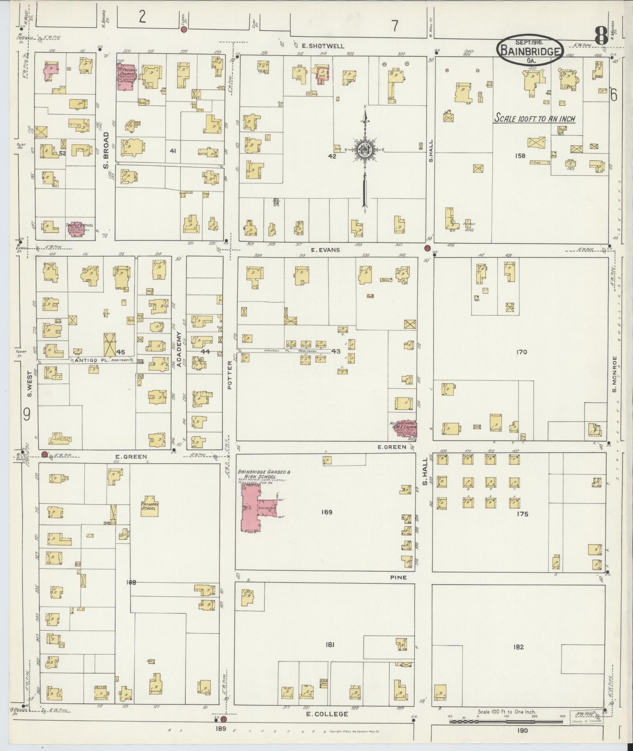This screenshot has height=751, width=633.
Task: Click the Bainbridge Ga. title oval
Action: pyautogui.click(x=530, y=50)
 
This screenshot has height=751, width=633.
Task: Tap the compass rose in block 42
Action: pyautogui.click(x=365, y=150)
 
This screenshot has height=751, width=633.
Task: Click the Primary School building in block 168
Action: pyautogui.click(x=149, y=506)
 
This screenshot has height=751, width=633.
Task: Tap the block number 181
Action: pyautogui.click(x=330, y=644)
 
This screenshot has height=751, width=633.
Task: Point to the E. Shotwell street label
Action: pyautogui.click(x=326, y=46)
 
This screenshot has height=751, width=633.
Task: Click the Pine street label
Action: pyautogui.click(x=399, y=577)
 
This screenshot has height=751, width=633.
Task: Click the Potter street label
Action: pyautogui.click(x=230, y=375)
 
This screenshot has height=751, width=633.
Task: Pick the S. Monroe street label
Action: pyautogui.click(x=615, y=373)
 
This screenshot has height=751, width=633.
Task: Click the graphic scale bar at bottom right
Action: pyautogui.click(x=506, y=721)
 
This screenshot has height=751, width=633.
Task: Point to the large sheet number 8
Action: pyautogui.click(x=600, y=36)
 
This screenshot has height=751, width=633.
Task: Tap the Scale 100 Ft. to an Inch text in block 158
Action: pyautogui.click(x=534, y=118)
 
